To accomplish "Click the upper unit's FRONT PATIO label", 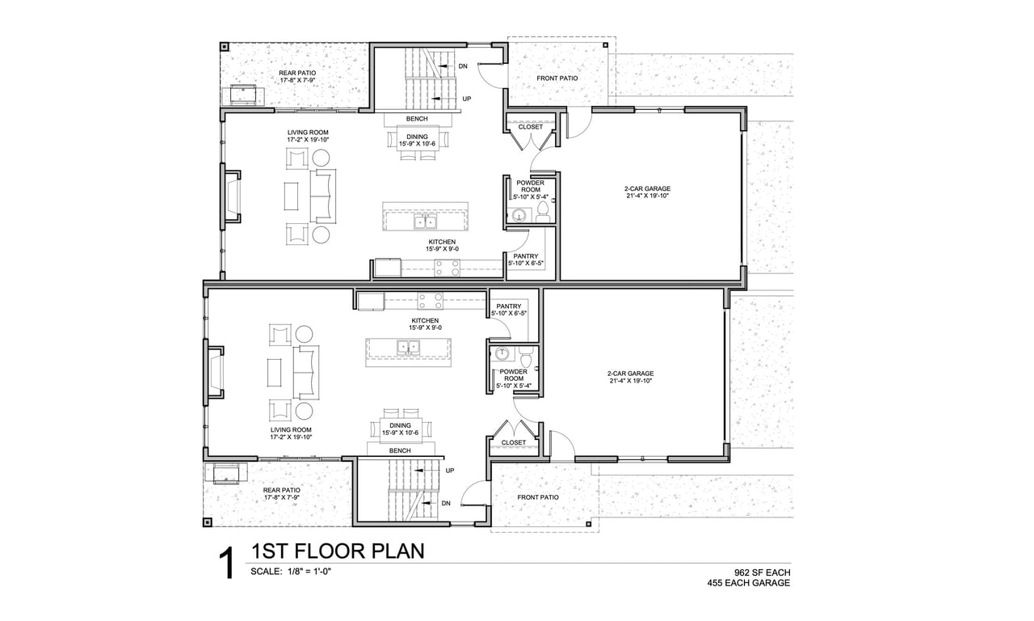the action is click(x=557, y=78).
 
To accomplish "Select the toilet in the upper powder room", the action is click(x=543, y=212).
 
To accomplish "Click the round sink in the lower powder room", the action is click(x=502, y=354).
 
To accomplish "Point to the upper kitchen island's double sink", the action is click(x=425, y=222).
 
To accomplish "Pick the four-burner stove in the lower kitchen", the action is click(x=431, y=301).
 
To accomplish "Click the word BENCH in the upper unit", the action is click(x=417, y=119).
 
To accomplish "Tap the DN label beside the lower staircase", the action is click(x=446, y=503).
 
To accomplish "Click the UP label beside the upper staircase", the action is click(x=467, y=99).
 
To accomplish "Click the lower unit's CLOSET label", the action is click(x=514, y=442).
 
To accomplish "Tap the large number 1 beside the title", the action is click(x=228, y=564).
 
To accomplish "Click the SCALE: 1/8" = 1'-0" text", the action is click(x=291, y=572).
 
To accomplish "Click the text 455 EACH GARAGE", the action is click(x=748, y=583).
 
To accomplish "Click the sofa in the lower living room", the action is click(x=306, y=372).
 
